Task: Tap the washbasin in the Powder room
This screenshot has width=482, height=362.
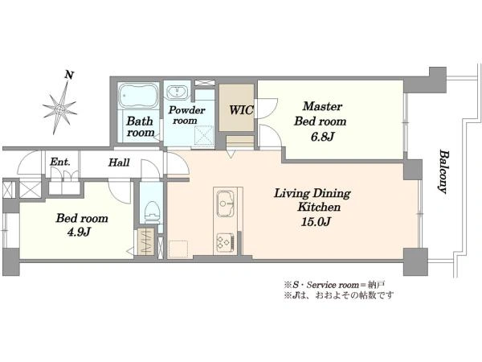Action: (x=178, y=93)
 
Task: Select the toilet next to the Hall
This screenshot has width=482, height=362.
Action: (x=153, y=212)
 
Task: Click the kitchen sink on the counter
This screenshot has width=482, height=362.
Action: (x=225, y=204)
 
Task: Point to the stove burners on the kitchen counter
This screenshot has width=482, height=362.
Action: (x=225, y=242)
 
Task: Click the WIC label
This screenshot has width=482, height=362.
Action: (x=241, y=110)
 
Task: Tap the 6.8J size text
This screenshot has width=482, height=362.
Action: (x=322, y=137)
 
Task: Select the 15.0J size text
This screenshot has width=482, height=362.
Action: (x=316, y=222)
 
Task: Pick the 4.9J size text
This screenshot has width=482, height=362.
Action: (x=79, y=232)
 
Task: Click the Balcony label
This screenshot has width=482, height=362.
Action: (x=443, y=171)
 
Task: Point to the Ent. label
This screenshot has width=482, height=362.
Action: (x=60, y=162)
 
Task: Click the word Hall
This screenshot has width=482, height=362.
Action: (x=119, y=162)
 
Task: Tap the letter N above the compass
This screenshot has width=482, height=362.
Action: (x=69, y=75)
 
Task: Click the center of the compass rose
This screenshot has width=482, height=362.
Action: (x=60, y=109)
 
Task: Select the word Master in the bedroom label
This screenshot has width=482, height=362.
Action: (x=322, y=106)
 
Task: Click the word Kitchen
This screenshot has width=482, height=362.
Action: (x=319, y=207)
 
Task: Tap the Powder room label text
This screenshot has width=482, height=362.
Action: (x=186, y=115)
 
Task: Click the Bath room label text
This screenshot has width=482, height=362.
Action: (x=140, y=126)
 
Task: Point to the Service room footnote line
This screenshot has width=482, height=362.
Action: (x=334, y=285)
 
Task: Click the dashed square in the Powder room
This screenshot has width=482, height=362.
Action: (x=204, y=135)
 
